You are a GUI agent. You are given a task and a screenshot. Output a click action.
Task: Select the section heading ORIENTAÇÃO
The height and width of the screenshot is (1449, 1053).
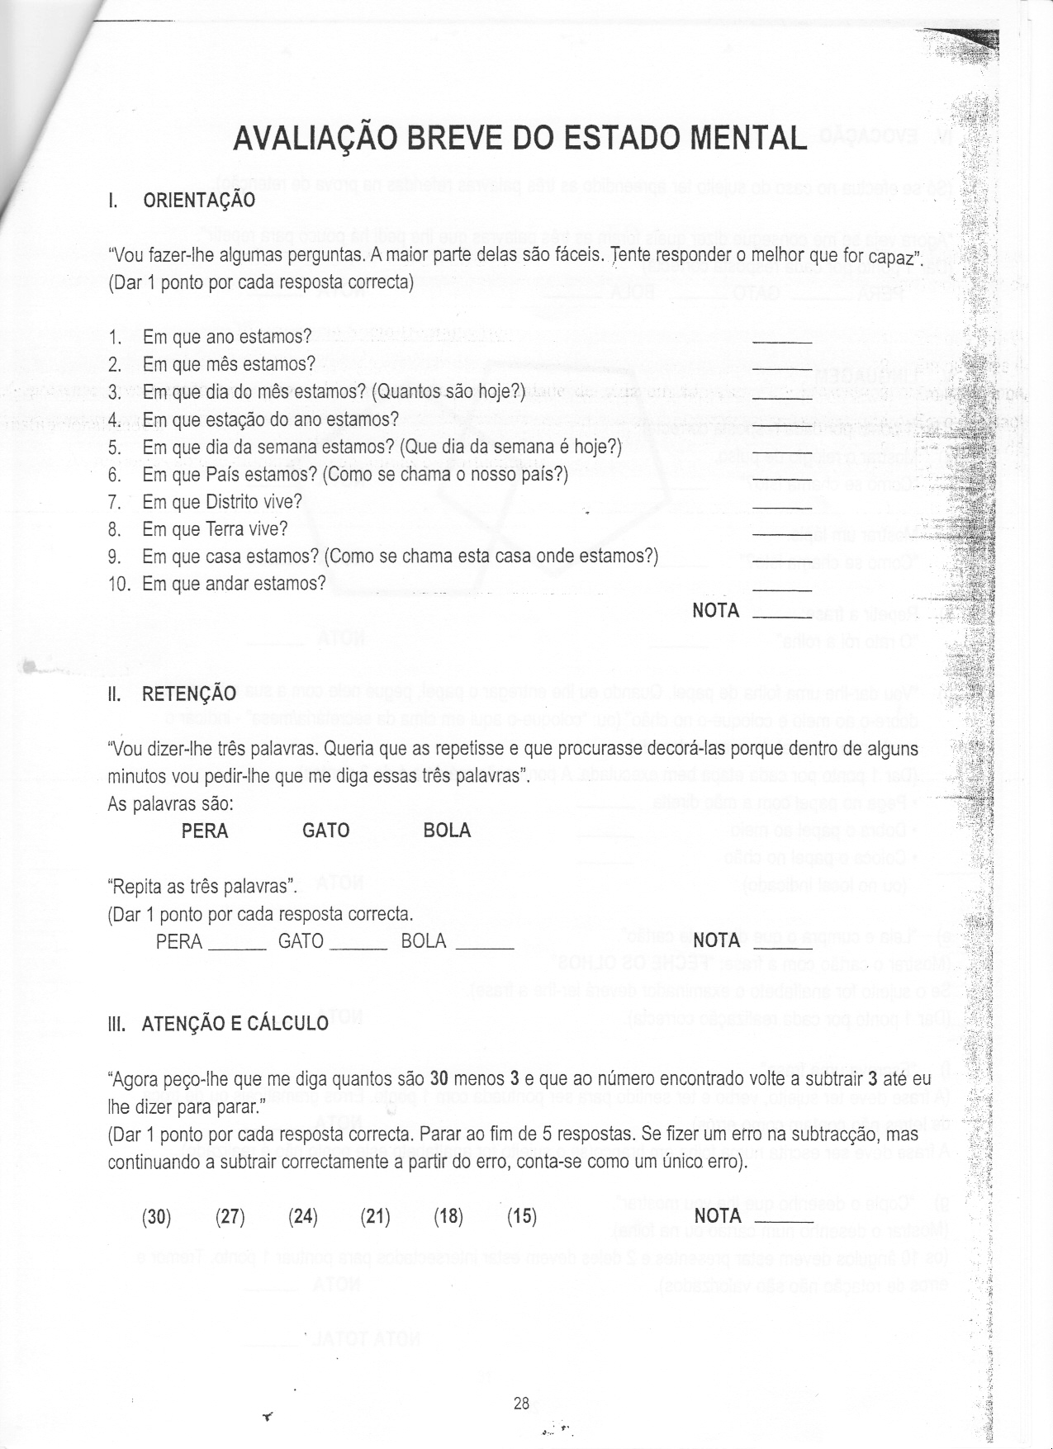coord(198,201)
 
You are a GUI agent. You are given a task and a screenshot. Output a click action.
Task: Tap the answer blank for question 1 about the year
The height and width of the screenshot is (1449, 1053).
coord(782,340)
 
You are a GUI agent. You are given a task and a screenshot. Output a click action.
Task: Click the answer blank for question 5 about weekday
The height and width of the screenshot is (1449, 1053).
coord(782,451)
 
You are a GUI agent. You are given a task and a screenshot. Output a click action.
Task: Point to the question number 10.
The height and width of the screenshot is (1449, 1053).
coord(119,584)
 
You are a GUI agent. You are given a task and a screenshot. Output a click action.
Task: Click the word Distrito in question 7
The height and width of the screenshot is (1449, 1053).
coord(232,502)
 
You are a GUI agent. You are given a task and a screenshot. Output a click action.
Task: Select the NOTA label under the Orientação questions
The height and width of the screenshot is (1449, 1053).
coord(715,611)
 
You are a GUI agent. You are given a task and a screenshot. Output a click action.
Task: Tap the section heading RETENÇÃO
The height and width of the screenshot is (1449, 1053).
coord(189,694)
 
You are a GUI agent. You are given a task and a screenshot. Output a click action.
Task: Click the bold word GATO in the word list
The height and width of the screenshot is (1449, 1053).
coord(326,831)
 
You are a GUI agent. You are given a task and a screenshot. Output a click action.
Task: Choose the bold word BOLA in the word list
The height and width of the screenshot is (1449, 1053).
coord(447,831)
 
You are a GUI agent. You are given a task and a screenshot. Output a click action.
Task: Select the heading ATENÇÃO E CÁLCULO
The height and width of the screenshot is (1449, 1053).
coord(235,1025)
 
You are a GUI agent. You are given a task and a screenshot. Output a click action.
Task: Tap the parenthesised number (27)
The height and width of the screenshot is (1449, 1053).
coord(230,1216)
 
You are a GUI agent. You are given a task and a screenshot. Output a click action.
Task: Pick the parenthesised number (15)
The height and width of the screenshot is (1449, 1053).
coord(522,1216)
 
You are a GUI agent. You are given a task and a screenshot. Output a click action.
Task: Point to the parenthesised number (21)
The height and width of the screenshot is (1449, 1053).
coord(376,1216)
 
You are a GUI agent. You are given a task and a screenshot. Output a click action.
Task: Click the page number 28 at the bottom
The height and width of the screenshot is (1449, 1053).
coord(521,1403)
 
